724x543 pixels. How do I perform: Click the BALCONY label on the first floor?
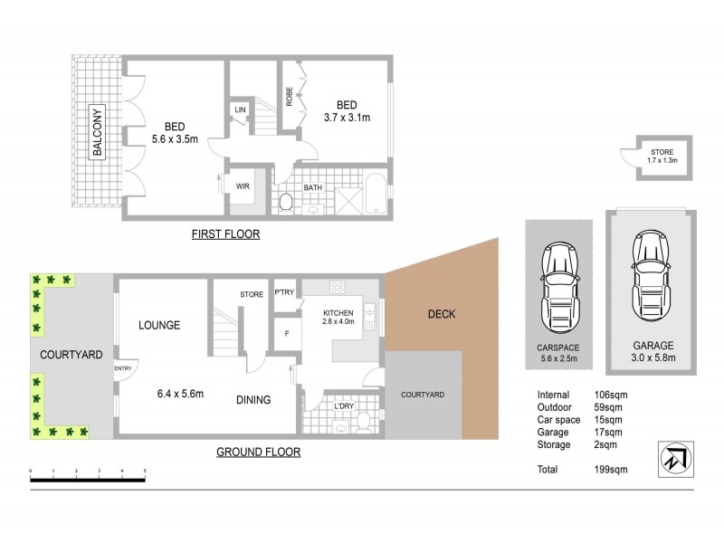tap(95, 132)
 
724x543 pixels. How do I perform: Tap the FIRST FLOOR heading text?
tap(225, 234)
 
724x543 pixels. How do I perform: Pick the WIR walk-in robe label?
tap(243, 186)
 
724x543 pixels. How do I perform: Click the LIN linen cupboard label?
tap(240, 110)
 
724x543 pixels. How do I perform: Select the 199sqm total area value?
tap(613, 470)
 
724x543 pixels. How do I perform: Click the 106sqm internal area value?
tap(613, 395)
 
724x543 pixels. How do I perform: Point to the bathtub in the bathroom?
tap(373, 193)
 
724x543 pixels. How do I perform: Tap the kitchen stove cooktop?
tap(338, 288)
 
